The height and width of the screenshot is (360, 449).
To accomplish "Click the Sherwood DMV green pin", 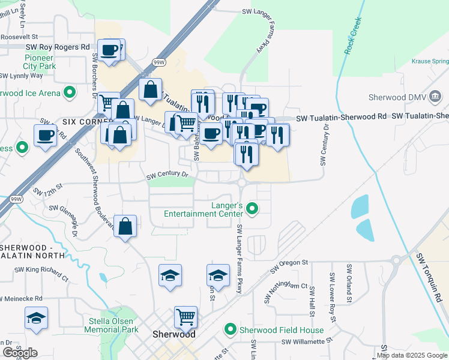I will tap(436, 97).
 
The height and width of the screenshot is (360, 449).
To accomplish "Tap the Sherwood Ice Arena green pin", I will tap(70, 93).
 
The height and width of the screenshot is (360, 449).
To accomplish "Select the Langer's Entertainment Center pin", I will tap(252, 209).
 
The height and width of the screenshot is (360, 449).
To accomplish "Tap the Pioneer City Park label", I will tap(40, 62).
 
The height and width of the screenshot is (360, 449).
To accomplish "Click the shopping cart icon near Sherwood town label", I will tap(186, 317).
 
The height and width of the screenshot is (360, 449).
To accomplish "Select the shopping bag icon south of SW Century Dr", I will tap(125, 226).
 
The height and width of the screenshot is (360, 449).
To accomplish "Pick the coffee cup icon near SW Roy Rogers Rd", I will tap(109, 50).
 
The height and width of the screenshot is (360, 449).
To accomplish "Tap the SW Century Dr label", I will tap(167, 176).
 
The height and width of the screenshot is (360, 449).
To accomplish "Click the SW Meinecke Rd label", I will tap(22, 298).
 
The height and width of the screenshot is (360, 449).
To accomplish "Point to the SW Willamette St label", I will tap(306, 341).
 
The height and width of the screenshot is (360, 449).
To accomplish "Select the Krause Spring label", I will tap(432, 61).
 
